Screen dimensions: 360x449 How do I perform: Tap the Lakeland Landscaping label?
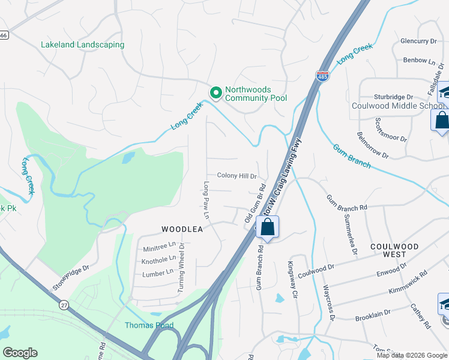(x=82, y=44)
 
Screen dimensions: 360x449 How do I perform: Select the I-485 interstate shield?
(x=322, y=76)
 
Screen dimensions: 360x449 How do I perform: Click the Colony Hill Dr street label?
(x=237, y=176)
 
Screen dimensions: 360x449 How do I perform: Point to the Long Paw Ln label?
(x=206, y=199)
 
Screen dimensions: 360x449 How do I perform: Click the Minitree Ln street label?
(x=159, y=247)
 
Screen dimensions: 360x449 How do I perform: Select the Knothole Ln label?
(x=158, y=260)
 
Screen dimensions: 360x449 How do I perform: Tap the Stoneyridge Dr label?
(x=71, y=278)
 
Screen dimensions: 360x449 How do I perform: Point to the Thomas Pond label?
(x=149, y=326)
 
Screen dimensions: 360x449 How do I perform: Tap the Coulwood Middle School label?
(x=397, y=106)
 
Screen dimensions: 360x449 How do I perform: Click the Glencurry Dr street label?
(x=418, y=41)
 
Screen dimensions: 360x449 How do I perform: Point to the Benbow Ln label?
(x=419, y=61)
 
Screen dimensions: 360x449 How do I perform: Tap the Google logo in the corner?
(x=20, y=353)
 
